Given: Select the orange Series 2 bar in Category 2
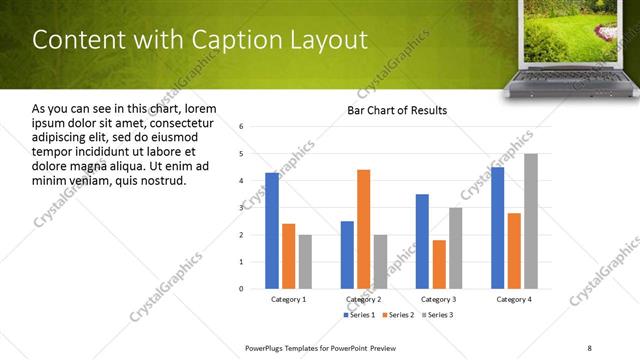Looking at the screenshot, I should point(363,229).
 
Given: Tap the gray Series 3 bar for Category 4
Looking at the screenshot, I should point(531,221).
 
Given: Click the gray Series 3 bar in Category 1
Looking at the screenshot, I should point(305,261).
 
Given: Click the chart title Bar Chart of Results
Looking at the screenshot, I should point(397,110).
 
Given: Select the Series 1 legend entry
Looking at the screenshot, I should point(361,315).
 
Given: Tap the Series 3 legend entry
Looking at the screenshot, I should point(436,315).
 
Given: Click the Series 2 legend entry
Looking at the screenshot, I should point(398,315).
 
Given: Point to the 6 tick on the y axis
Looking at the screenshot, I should point(242,127).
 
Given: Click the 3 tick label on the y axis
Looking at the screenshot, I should point(242,208).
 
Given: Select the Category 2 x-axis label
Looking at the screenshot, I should point(363,299).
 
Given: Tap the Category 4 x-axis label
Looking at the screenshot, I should point(514,299).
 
